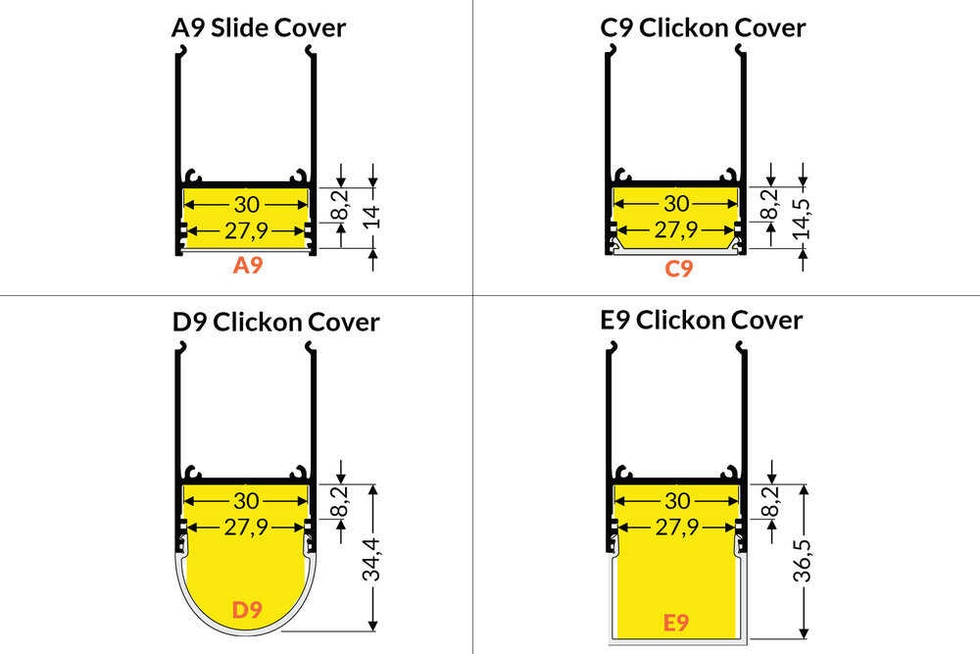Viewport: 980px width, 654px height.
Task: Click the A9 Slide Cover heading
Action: click(258, 28)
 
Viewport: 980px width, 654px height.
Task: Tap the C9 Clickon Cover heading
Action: click(703, 28)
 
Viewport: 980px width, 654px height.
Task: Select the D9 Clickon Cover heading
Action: click(275, 323)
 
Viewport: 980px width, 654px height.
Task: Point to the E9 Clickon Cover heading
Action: click(701, 320)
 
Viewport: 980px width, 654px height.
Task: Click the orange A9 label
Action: click(248, 266)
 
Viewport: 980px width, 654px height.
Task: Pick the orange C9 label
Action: click(678, 269)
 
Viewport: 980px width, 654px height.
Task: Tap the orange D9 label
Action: click(247, 610)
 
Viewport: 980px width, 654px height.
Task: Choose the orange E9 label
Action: click(675, 623)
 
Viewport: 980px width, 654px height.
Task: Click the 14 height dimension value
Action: click(371, 217)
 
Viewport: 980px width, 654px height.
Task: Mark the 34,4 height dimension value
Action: click(371, 560)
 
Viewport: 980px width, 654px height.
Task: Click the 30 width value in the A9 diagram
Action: click(247, 205)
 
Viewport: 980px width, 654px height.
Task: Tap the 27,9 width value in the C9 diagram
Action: click(676, 230)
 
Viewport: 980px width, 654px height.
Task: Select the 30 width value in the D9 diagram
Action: click(246, 501)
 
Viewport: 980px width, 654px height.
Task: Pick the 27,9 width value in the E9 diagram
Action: click(677, 528)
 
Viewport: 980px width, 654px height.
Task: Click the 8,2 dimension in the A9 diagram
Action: click(341, 206)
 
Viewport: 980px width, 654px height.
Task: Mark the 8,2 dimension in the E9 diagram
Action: click(772, 501)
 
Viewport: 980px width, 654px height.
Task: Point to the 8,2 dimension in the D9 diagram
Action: click(341, 501)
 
